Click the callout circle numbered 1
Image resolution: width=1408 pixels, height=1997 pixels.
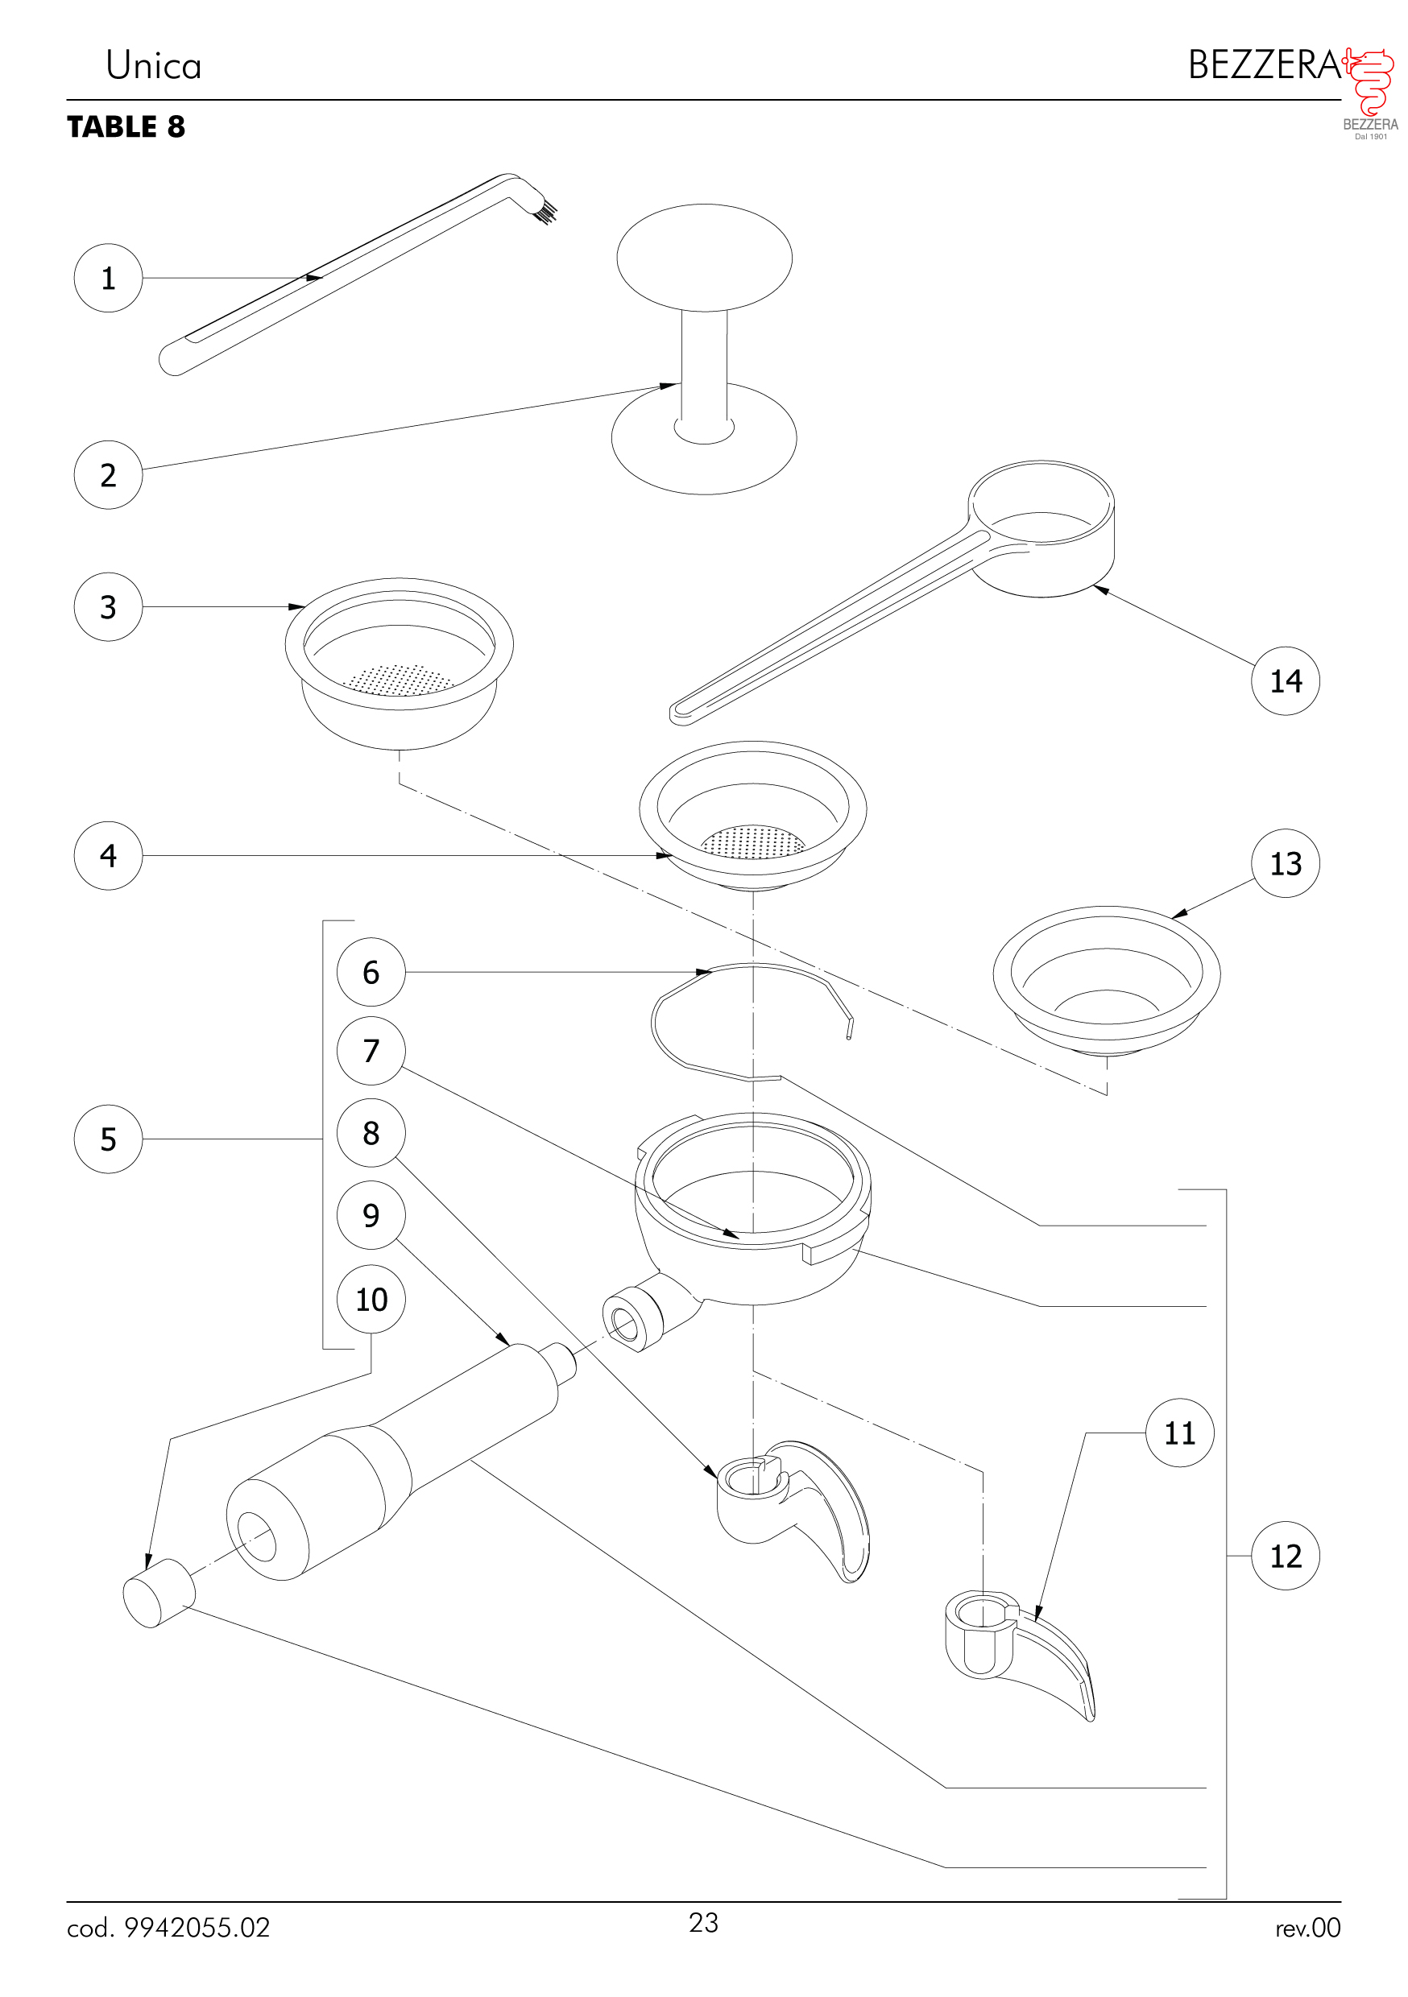point(108,279)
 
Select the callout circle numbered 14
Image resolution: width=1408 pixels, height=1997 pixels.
point(1285,681)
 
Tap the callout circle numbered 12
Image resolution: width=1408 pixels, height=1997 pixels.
point(1285,1556)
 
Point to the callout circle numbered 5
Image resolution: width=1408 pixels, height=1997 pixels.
point(108,1139)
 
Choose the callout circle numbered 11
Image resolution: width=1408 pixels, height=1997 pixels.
point(1179,1433)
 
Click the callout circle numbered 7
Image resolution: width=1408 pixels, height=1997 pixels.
point(371,1051)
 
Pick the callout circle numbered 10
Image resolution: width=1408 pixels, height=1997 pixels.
point(371,1300)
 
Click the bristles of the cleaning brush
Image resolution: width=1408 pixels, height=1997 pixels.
point(545,211)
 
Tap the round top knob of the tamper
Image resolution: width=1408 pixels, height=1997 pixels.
point(704,258)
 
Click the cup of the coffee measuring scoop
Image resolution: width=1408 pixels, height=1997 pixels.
point(1041,531)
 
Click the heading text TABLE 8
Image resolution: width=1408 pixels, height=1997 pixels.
point(126,127)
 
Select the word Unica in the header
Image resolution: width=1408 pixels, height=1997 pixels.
point(153,66)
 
